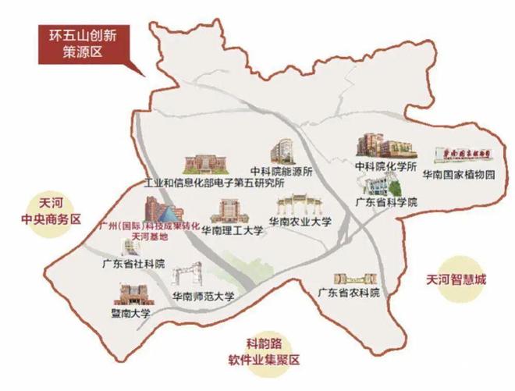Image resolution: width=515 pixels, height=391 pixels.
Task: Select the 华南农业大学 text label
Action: pyautogui.click(x=300, y=222)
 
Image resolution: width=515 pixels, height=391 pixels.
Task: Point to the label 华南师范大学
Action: pyautogui.click(x=203, y=297)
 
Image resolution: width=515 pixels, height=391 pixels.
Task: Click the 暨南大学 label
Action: pyautogui.click(x=130, y=313)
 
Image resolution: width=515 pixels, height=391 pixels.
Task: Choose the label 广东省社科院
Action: pyautogui.click(x=133, y=263)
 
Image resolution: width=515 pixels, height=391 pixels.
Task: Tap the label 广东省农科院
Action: pyautogui.click(x=348, y=293)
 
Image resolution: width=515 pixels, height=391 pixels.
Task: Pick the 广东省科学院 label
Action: pyautogui.click(x=386, y=201)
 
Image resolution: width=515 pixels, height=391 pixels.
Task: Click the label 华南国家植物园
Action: pyautogui.click(x=459, y=176)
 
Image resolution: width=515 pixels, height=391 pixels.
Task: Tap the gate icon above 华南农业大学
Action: pyautogui.click(x=299, y=204)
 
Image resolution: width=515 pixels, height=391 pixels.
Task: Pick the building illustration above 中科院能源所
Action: pyautogui.click(x=282, y=151)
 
